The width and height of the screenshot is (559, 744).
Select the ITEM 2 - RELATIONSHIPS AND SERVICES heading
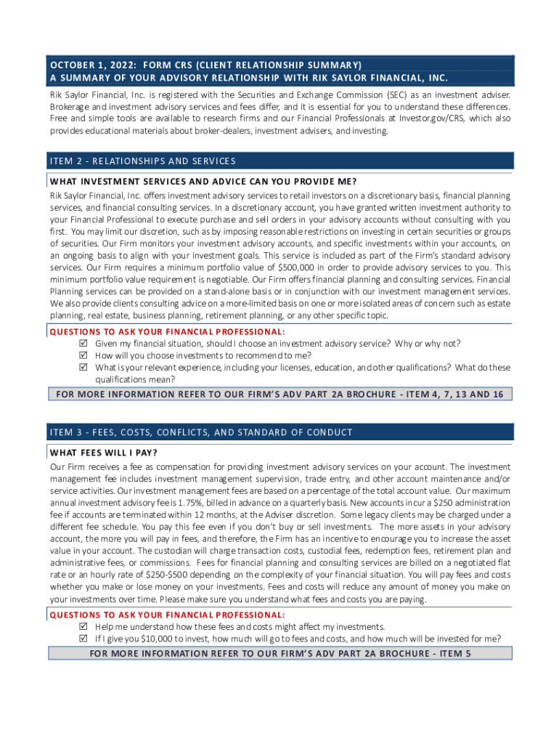(142, 161)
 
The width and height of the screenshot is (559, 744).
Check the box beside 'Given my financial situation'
(83, 344)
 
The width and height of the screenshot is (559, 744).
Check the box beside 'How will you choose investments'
(83, 355)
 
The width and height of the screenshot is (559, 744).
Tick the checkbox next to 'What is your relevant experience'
(83, 368)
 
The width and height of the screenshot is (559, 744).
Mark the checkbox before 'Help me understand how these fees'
(83, 627)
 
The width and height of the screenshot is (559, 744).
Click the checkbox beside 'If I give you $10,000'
(83, 639)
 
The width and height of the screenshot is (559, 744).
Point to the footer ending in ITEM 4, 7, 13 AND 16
(280, 395)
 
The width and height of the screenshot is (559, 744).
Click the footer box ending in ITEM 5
(280, 653)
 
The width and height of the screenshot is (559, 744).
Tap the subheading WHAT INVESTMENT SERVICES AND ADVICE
(203, 181)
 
